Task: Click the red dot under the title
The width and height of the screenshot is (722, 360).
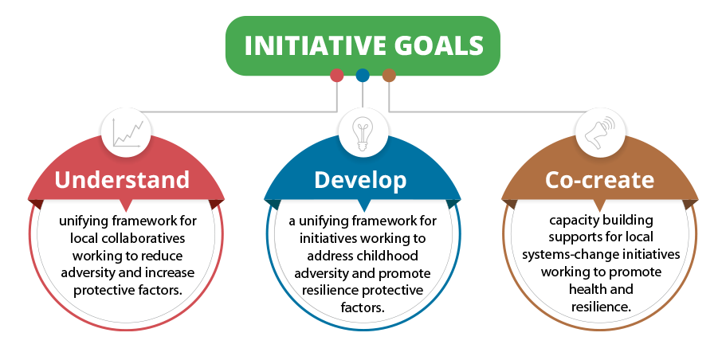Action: click(336, 75)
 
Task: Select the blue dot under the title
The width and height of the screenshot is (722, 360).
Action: click(363, 75)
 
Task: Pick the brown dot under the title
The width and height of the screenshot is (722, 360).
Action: click(389, 75)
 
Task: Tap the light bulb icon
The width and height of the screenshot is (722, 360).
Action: click(362, 134)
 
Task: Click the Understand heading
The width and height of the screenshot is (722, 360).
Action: click(122, 179)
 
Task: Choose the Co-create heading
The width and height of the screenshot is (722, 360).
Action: click(599, 179)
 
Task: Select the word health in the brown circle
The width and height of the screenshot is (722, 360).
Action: click(585, 289)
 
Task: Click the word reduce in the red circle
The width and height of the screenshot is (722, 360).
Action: click(165, 256)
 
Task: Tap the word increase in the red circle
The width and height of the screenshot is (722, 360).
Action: click(170, 272)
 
